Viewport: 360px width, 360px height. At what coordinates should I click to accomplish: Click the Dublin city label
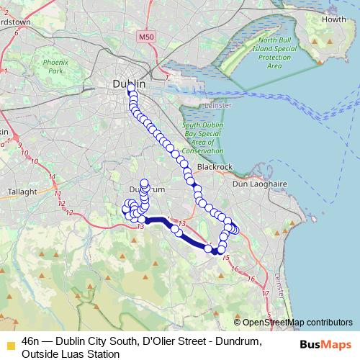129,84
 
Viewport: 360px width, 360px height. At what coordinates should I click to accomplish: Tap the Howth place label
333,19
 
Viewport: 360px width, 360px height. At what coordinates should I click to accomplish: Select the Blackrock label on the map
215,166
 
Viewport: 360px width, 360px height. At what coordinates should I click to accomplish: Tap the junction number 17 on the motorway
265,294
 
